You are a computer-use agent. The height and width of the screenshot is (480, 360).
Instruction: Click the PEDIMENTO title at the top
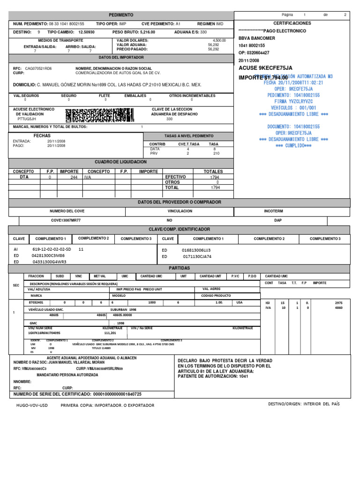(121, 15)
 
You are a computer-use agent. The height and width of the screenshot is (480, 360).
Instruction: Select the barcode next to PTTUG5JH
(99, 115)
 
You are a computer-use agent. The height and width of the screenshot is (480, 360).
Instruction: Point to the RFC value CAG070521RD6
(38, 68)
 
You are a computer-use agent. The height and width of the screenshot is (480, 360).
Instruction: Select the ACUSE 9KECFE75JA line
(265, 68)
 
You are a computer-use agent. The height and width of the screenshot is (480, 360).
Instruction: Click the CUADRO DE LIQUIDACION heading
(121, 162)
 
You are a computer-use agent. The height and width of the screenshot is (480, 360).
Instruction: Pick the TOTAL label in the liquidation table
(172, 187)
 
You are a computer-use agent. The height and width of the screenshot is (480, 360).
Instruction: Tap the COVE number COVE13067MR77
(66, 220)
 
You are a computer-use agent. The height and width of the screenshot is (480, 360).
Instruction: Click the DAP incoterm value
(277, 220)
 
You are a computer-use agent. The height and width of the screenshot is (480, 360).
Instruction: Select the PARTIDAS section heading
(180, 268)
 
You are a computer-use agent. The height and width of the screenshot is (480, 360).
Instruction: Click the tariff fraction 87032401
(36, 303)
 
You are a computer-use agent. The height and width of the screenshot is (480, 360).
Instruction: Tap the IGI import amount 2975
(339, 303)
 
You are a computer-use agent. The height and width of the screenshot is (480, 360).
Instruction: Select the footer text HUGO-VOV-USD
(31, 405)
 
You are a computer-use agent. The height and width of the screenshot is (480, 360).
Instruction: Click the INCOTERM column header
(274, 211)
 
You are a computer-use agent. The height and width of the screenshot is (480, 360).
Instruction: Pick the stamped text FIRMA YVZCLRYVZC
(293, 101)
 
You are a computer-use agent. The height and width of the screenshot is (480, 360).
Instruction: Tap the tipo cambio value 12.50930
(86, 32)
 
